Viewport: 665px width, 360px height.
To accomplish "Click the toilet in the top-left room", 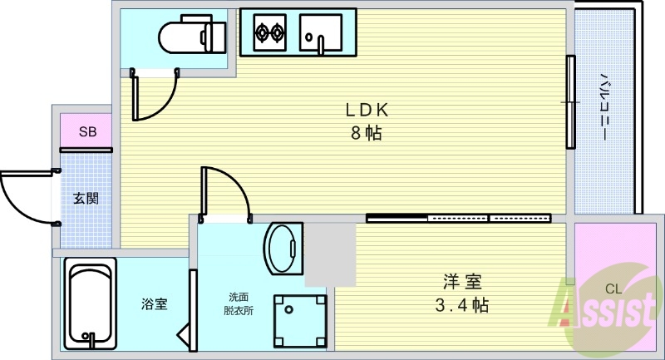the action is pyautogui.click(x=192, y=34).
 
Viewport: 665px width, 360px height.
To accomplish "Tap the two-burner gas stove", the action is pyautogui.click(x=269, y=32).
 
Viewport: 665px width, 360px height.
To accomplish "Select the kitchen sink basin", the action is pyautogui.click(x=321, y=32).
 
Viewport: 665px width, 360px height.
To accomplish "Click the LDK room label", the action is pyautogui.click(x=367, y=111).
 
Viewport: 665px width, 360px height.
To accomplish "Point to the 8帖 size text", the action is pyautogui.click(x=367, y=133).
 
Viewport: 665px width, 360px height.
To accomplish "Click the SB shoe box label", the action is pyautogui.click(x=88, y=132).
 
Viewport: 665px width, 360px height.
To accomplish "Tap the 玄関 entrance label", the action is pyautogui.click(x=86, y=198).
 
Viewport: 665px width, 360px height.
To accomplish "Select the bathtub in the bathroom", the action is pyautogui.click(x=91, y=303).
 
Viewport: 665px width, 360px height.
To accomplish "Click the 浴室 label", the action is pyautogui.click(x=155, y=303).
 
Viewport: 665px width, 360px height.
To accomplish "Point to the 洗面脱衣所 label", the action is pyautogui.click(x=239, y=304).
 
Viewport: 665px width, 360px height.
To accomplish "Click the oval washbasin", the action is pyautogui.click(x=283, y=249).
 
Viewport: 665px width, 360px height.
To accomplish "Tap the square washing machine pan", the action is pyautogui.click(x=300, y=321).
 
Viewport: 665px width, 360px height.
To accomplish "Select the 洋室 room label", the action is pyautogui.click(x=462, y=282).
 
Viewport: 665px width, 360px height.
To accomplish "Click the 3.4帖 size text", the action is pyautogui.click(x=462, y=305).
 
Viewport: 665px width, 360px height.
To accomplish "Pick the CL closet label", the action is pyautogui.click(x=613, y=289).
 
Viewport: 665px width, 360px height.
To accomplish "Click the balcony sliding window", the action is pyautogui.click(x=571, y=102).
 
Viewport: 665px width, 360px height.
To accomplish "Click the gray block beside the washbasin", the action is pyautogui.click(x=330, y=254).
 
